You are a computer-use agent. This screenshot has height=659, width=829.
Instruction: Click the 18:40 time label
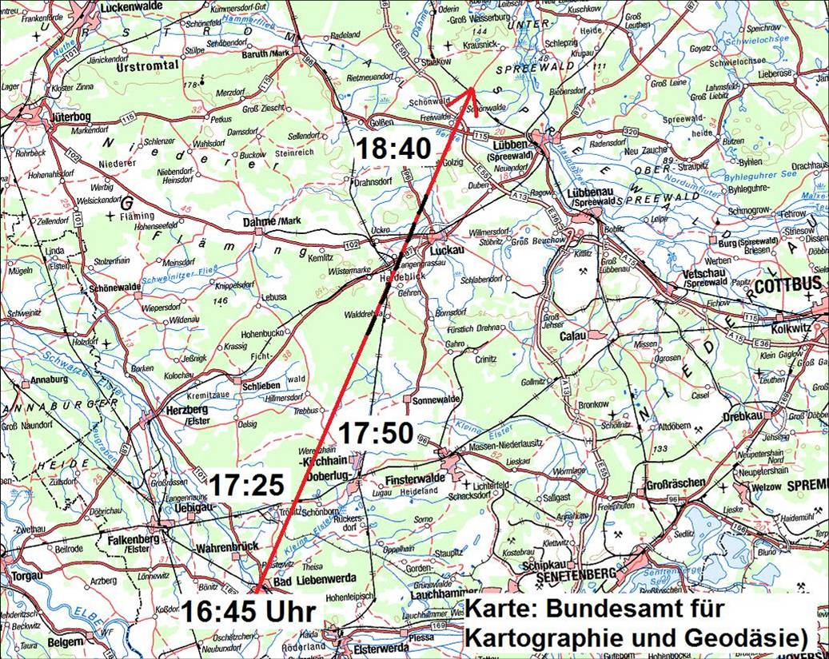pos(393,148)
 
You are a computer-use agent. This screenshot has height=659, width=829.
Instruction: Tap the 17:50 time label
pos(375,434)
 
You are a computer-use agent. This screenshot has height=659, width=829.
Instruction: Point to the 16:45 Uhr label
pos(248,612)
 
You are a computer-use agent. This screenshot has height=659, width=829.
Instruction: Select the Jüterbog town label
pos(70,117)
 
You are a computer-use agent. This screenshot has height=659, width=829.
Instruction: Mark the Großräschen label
pos(675,482)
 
